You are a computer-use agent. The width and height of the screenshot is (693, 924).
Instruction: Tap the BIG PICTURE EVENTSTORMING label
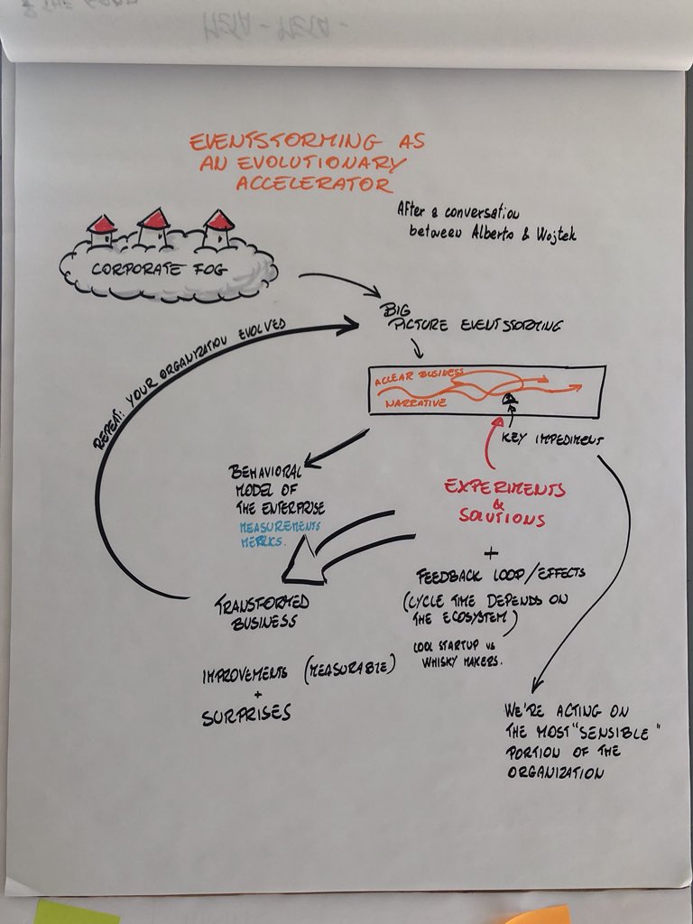[x=469, y=325]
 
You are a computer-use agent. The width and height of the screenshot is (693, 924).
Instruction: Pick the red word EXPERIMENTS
[x=504, y=489]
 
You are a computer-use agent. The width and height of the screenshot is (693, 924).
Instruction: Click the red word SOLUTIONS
[x=508, y=520]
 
